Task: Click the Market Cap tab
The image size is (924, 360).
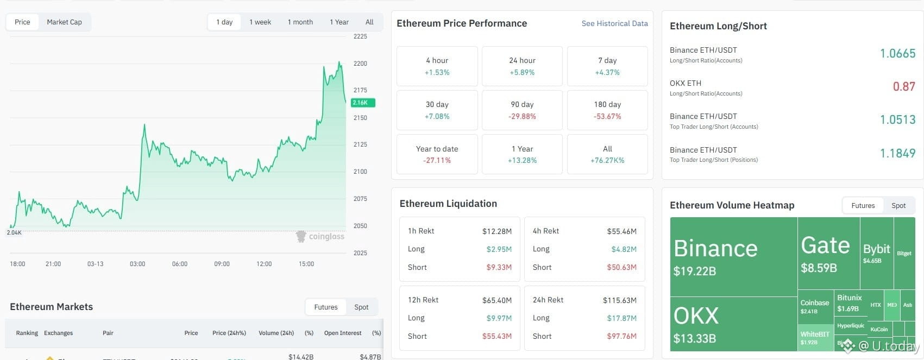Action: pos(64,22)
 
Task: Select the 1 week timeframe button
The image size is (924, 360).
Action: pos(260,22)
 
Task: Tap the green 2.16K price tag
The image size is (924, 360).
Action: pos(361,103)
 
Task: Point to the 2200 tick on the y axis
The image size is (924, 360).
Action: pos(360,64)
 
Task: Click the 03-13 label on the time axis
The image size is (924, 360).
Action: pos(95,264)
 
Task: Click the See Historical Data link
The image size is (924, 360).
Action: pos(614,23)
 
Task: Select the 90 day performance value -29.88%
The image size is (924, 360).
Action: pos(522,116)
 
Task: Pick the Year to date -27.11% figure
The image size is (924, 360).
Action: pos(437,160)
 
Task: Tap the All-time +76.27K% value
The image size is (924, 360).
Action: pos(607,160)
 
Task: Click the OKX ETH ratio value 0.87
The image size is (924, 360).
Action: pos(904,86)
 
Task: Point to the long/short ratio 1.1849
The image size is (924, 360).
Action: pos(897,153)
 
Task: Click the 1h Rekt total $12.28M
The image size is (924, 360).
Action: pos(496,231)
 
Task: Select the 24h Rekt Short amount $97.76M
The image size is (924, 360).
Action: pos(621,336)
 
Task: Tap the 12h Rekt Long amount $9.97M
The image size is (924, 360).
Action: pos(499,318)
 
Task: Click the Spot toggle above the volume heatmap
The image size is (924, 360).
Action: pos(898,205)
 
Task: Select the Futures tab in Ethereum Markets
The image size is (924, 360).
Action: pos(326,307)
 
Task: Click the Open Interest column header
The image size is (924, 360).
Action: pos(343,333)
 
